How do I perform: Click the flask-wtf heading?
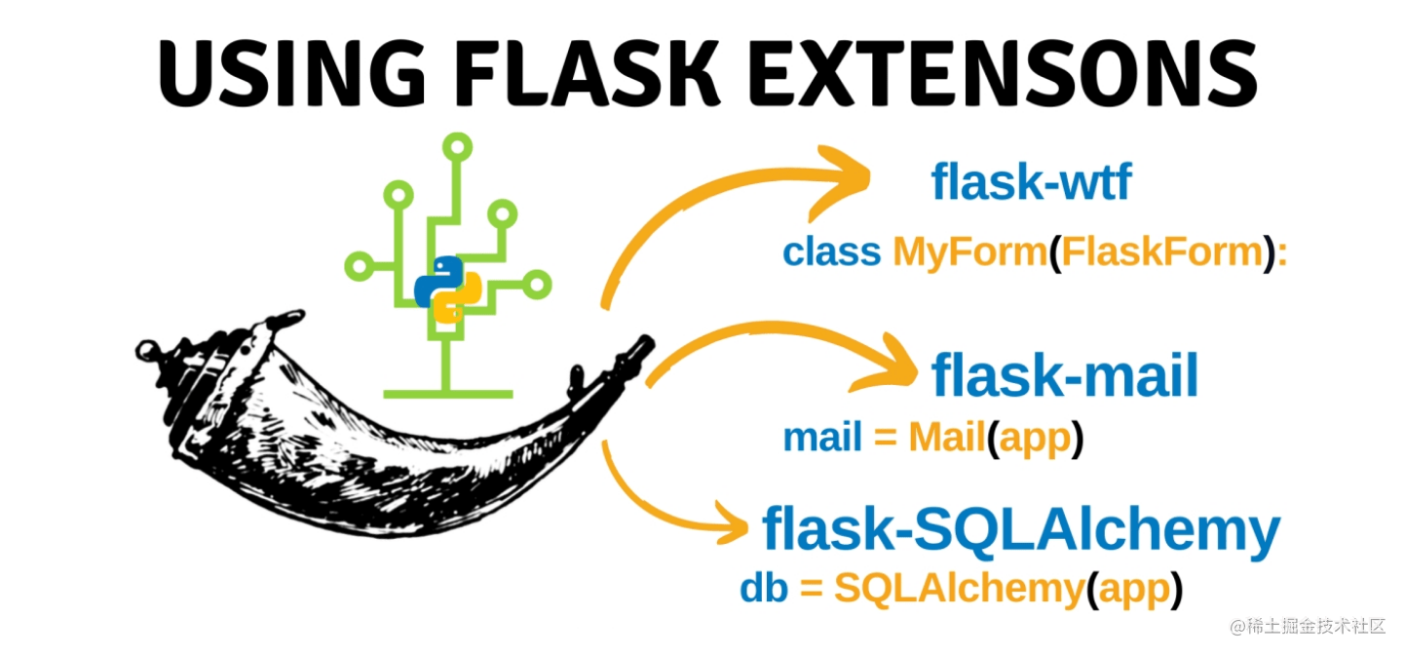(x=1031, y=181)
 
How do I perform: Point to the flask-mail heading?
(x=1065, y=376)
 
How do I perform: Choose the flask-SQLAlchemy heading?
(x=1020, y=529)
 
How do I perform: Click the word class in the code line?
(x=831, y=252)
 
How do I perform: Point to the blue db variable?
(x=764, y=589)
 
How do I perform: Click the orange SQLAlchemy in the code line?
(x=959, y=589)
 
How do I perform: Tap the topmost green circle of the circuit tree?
(x=457, y=147)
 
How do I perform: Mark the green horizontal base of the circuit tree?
(x=448, y=394)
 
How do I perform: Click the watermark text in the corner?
(x=1307, y=627)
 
